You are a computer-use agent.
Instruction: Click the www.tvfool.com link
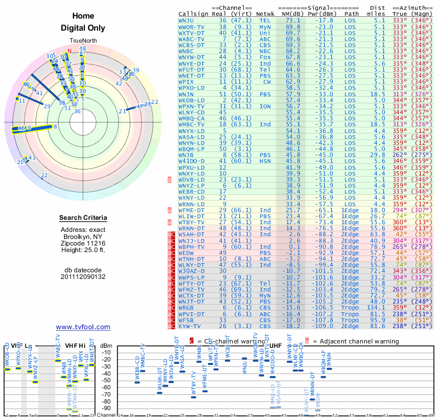click(83, 327)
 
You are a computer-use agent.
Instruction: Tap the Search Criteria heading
click(83, 218)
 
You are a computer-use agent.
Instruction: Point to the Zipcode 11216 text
click(83, 242)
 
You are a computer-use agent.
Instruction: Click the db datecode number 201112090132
click(83, 276)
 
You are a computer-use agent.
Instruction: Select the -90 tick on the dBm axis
click(107, 408)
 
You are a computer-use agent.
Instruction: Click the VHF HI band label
click(76, 346)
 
